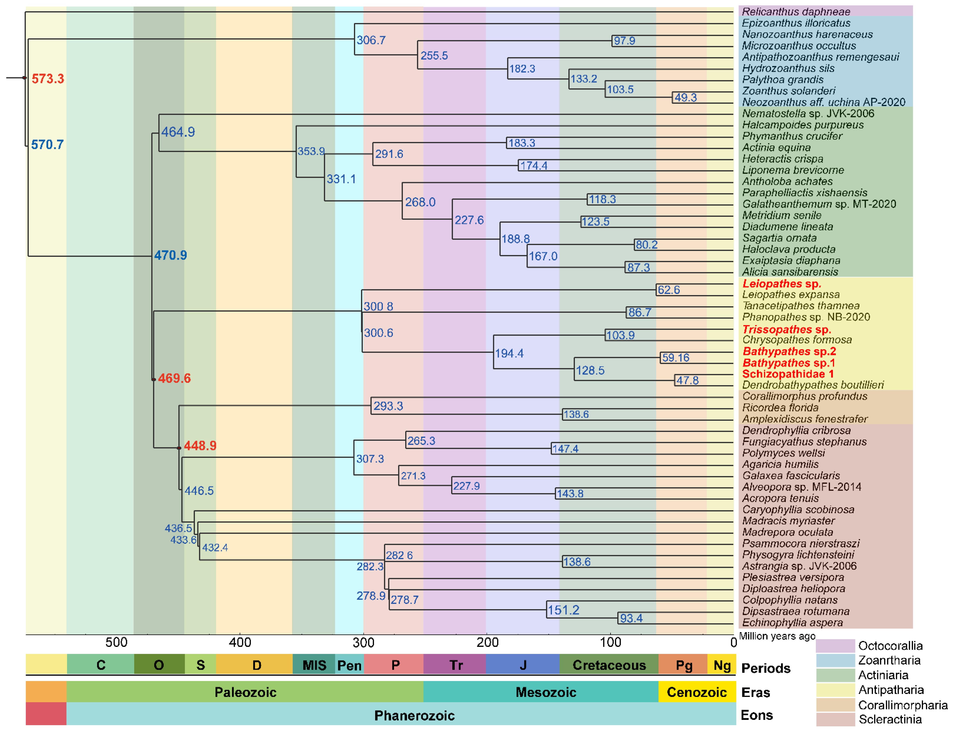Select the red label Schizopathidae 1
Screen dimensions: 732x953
pos(788,374)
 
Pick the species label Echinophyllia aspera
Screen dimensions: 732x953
pos(792,623)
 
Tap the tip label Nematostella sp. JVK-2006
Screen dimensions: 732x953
pos(808,114)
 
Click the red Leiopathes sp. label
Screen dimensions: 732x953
pos(782,284)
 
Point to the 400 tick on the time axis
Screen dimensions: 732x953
pos(240,642)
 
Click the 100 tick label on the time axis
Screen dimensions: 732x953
pos(610,642)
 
